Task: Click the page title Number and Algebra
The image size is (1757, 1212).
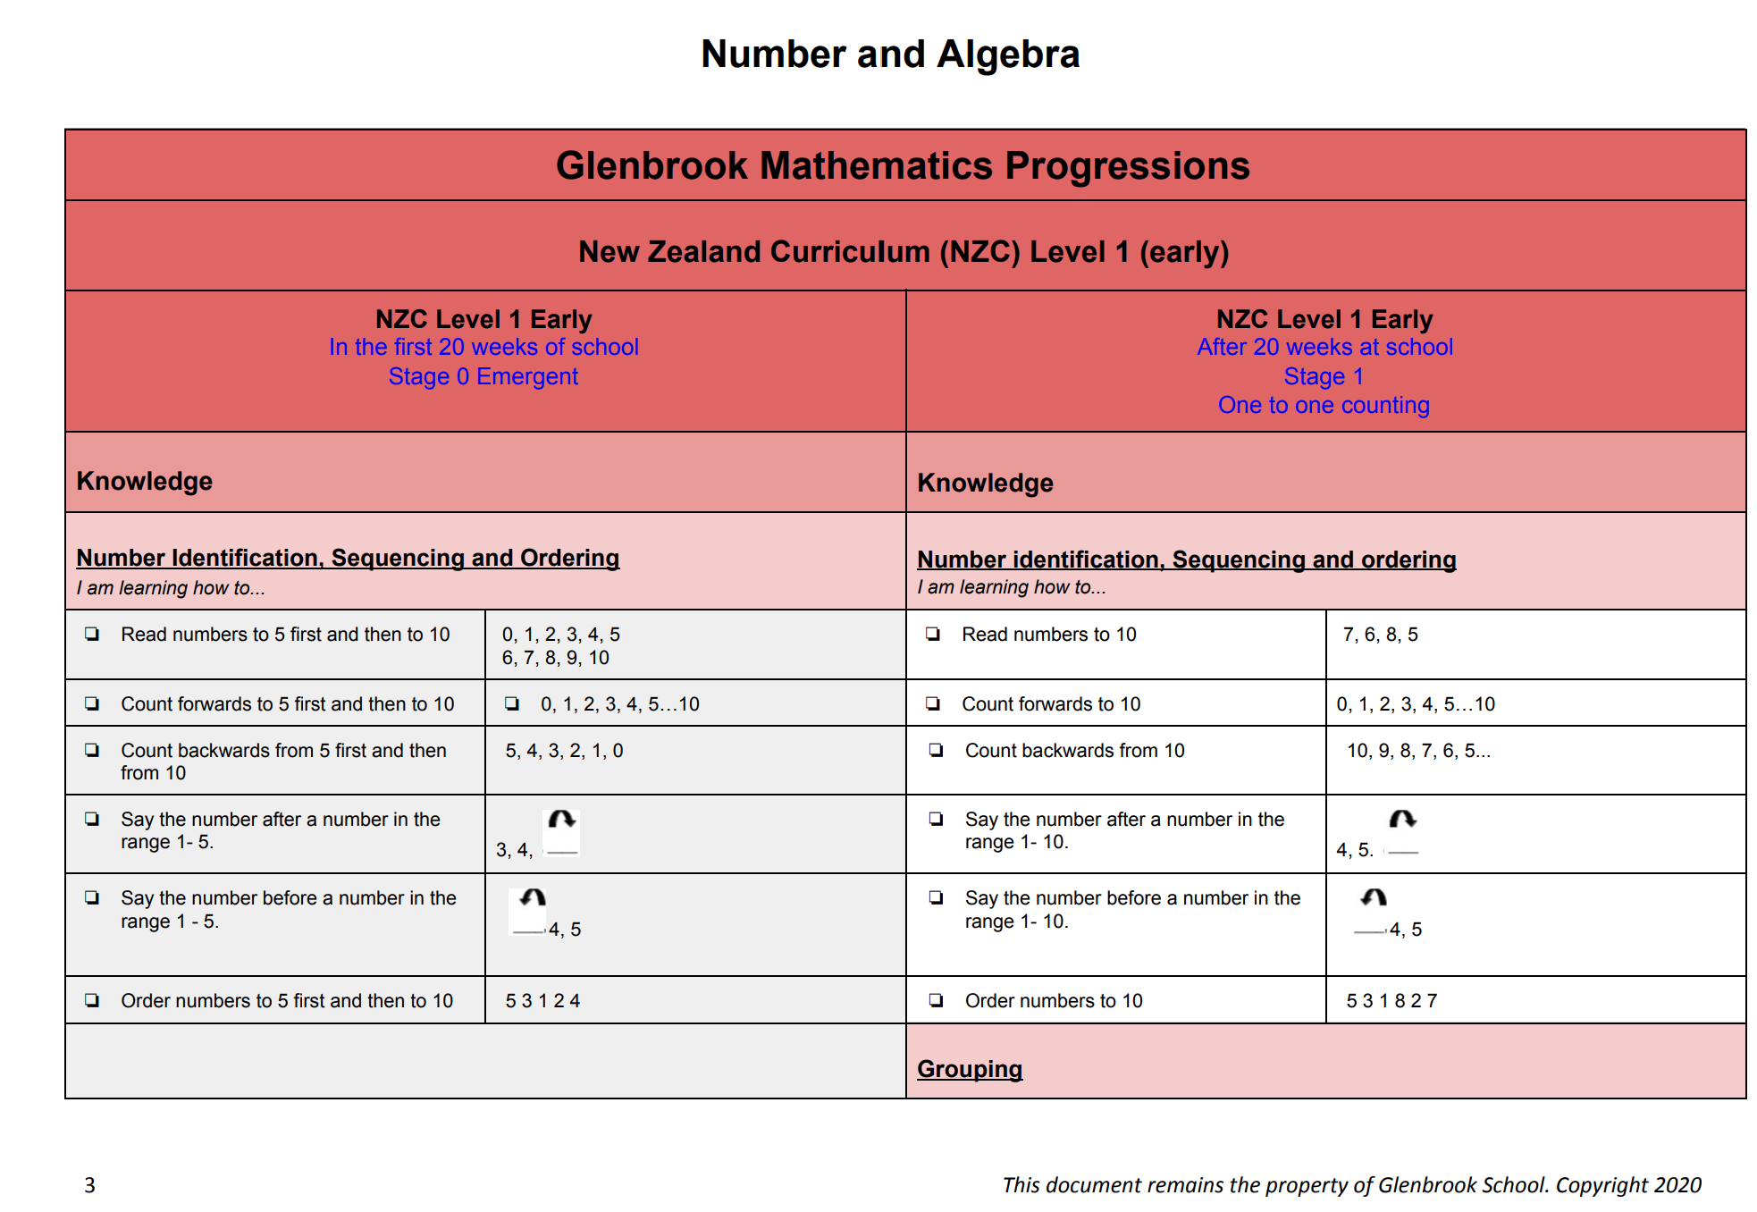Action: [x=890, y=55]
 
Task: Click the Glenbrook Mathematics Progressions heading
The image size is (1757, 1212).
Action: [x=903, y=166]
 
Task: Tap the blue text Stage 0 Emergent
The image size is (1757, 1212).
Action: [x=483, y=376]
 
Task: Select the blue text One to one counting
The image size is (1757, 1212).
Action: [x=1324, y=405]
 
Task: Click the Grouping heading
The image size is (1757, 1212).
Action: [x=970, y=1069]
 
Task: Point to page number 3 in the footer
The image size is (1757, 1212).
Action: [x=89, y=1185]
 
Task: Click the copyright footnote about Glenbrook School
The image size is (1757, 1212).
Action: [x=1351, y=1185]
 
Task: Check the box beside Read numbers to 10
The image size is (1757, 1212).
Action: [x=933, y=634]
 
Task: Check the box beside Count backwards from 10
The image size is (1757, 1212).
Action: [x=936, y=750]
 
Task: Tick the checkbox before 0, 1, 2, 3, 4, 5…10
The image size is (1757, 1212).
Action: [x=512, y=703]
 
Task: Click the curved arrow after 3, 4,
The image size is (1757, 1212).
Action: [x=562, y=819]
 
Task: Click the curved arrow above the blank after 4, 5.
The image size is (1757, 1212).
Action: [x=1402, y=819]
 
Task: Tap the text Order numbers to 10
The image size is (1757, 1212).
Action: [x=1054, y=1001]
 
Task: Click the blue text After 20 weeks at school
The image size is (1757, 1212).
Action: [x=1324, y=347]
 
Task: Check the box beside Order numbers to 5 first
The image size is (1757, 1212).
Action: [x=92, y=1000]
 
